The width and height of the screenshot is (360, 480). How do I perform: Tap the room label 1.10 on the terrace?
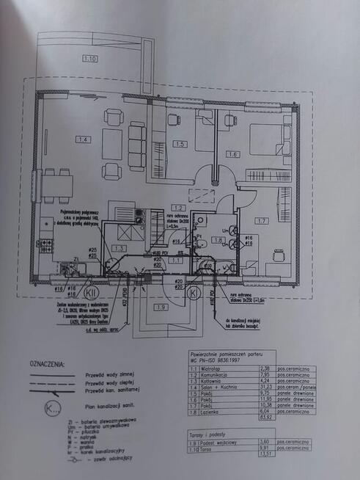[x=91, y=57]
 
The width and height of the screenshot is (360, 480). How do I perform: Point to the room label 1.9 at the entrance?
[x=161, y=308]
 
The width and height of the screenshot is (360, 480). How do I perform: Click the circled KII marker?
[x=92, y=291]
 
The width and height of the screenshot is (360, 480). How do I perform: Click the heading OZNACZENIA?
[x=47, y=363]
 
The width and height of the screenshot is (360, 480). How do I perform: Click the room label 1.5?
[x=180, y=144]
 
